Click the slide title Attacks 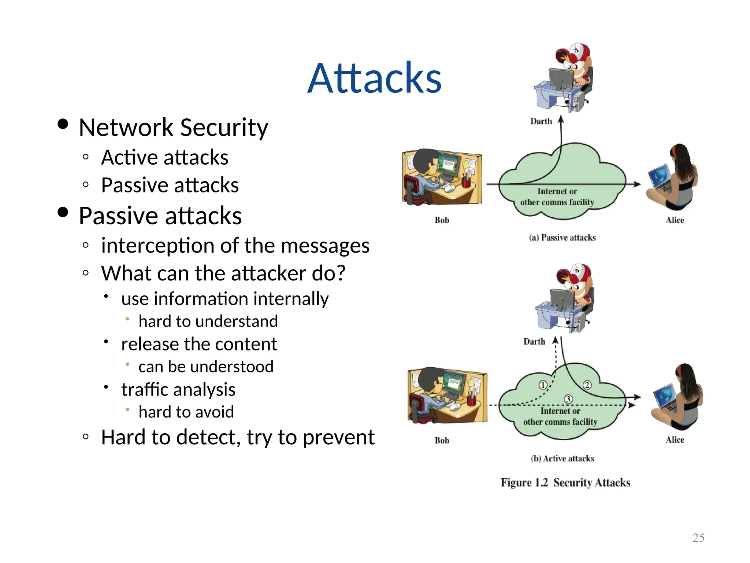(374, 78)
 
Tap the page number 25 (698, 538)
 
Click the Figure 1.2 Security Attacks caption (565, 483)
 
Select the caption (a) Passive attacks (562, 238)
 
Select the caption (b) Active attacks (562, 459)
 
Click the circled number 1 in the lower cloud (543, 385)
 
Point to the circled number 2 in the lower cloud (587, 385)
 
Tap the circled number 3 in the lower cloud (568, 399)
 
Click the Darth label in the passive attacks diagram (541, 121)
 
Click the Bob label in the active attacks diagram (442, 440)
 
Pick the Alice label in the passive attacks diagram (675, 220)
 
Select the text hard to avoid (186, 412)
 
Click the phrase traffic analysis (178, 389)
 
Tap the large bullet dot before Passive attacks (63, 212)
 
